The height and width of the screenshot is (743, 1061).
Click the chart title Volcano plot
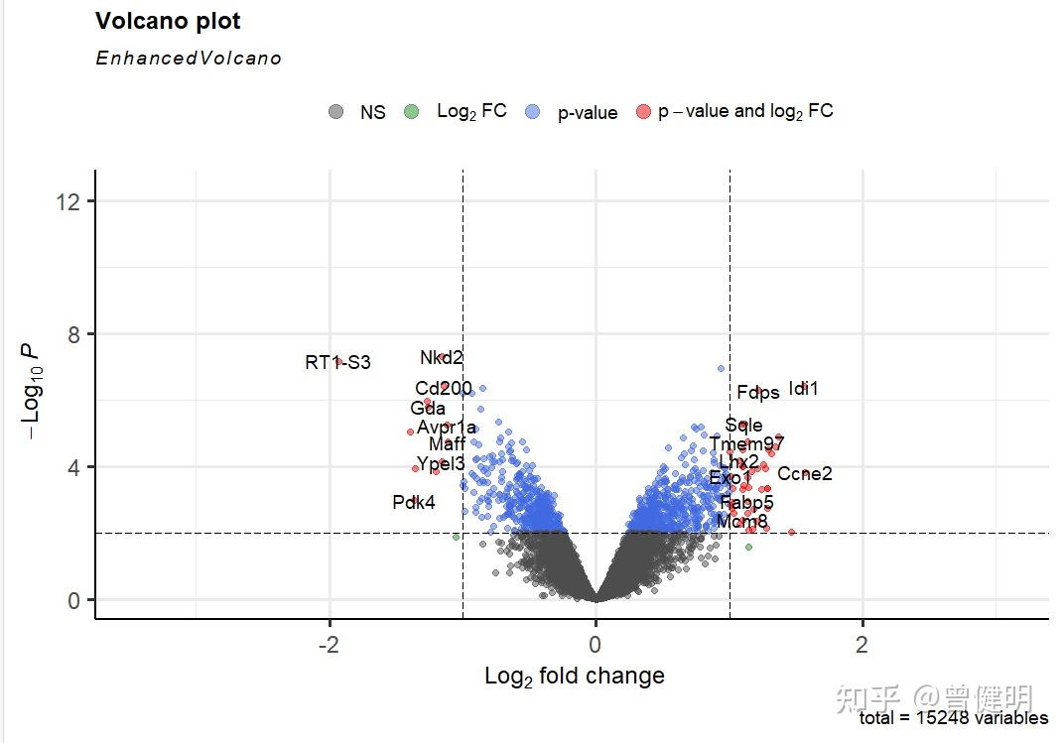(168, 21)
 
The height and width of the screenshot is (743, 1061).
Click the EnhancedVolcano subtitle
(188, 59)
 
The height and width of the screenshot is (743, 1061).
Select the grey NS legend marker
(337, 112)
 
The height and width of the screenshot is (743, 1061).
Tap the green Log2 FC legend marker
(412, 112)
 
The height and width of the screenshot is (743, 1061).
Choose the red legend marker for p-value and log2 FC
(643, 112)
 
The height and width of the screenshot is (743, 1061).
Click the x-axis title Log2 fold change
(575, 677)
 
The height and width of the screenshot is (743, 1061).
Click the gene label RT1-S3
(337, 363)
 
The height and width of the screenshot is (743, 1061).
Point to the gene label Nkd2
(442, 358)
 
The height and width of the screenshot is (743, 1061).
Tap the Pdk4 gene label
(414, 503)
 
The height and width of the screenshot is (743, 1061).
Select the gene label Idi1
(804, 389)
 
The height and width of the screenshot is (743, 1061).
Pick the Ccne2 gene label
(805, 474)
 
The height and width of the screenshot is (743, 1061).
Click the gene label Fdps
(758, 393)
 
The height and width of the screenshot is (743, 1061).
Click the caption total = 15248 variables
(953, 718)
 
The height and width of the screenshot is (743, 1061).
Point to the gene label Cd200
(444, 388)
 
